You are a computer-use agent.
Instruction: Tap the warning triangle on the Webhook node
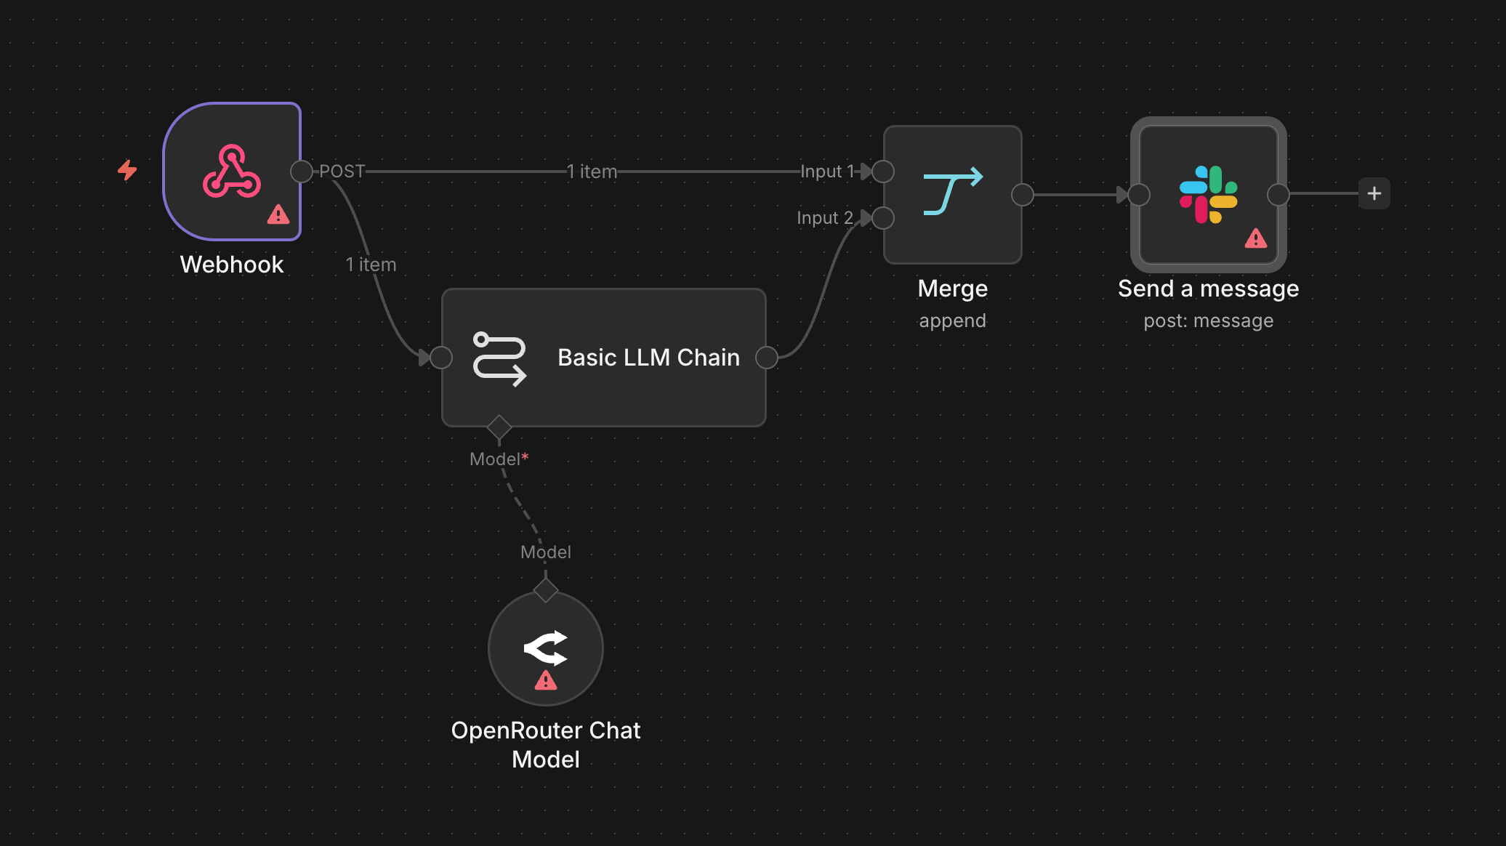pyautogui.click(x=278, y=214)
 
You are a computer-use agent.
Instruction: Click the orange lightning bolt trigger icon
pyautogui.click(x=127, y=170)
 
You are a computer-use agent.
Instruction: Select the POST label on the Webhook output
pyautogui.click(x=342, y=171)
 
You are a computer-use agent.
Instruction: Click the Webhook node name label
pyautogui.click(x=232, y=265)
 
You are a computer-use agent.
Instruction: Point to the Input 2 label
pyautogui.click(x=825, y=218)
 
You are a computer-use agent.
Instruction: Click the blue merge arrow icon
pyautogui.click(x=953, y=191)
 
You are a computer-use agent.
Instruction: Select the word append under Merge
pyautogui.click(x=953, y=321)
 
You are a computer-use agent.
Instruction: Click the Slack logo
pyautogui.click(x=1209, y=195)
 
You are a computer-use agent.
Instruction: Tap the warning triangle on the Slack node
pyautogui.click(x=1256, y=238)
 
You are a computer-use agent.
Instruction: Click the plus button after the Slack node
pyautogui.click(x=1374, y=193)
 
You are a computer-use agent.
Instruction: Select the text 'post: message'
pyautogui.click(x=1209, y=321)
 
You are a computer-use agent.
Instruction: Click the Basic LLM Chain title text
pyautogui.click(x=648, y=358)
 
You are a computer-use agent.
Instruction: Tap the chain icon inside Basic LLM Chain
pyautogui.click(x=499, y=359)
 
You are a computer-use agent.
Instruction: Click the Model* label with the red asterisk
pyautogui.click(x=499, y=459)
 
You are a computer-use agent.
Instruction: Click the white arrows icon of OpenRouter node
pyautogui.click(x=546, y=648)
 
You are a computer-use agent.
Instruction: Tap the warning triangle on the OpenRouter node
pyautogui.click(x=546, y=680)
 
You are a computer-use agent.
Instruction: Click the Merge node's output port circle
pyautogui.click(x=1023, y=195)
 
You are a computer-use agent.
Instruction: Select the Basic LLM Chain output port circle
pyautogui.click(x=767, y=358)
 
